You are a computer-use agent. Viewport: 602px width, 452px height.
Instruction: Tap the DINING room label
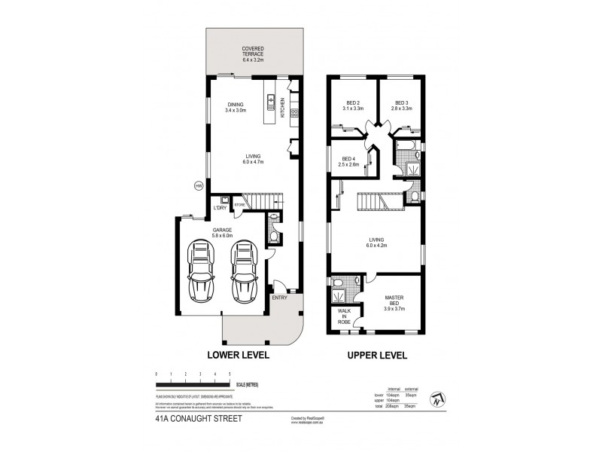[237, 107]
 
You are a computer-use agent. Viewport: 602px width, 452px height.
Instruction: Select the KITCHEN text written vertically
[283, 108]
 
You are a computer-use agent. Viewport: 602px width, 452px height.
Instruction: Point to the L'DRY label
[220, 207]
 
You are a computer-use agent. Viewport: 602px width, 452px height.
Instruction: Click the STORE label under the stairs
[239, 203]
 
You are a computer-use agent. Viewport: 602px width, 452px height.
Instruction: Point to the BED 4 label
[348, 162]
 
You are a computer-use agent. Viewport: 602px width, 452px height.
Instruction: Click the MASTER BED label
[394, 301]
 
